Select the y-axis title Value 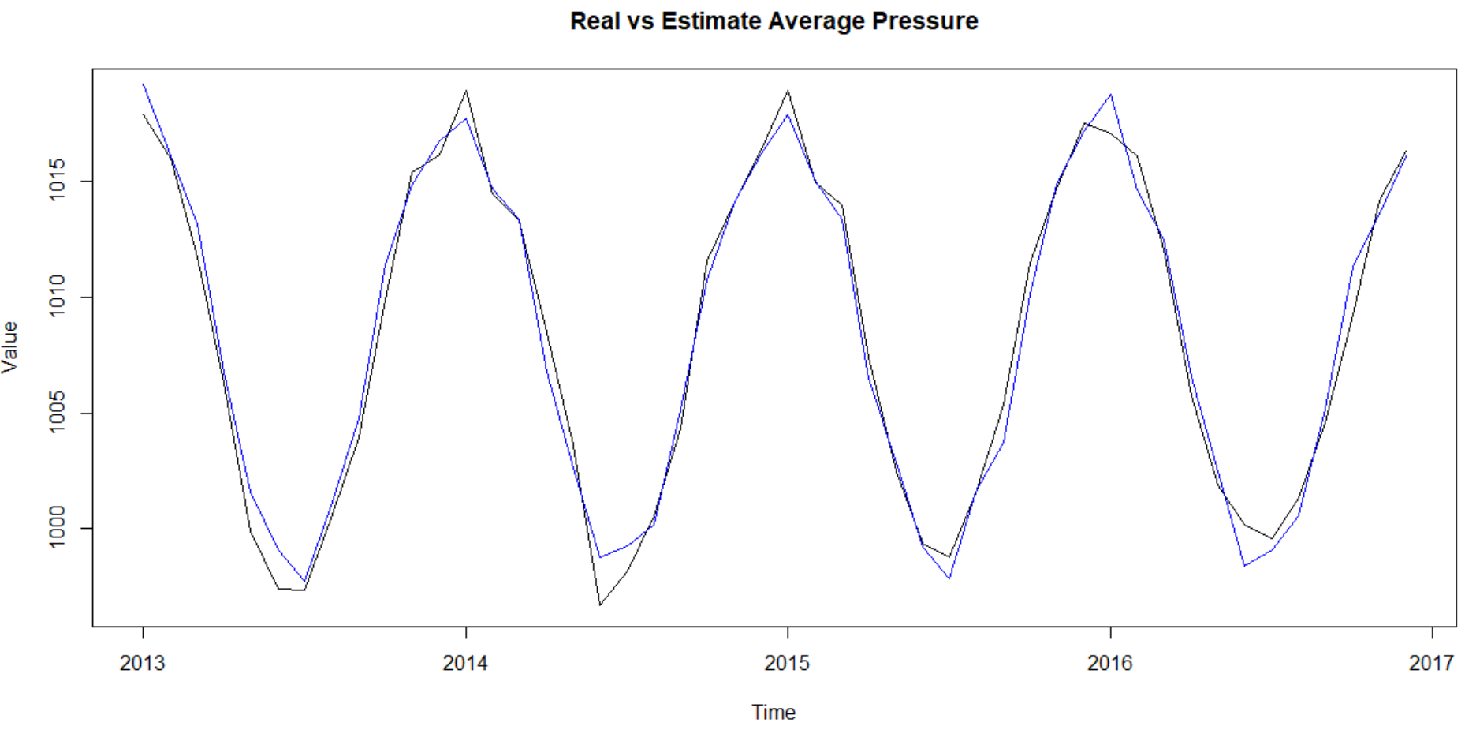click(10, 347)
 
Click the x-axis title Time click(774, 713)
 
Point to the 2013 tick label click(143, 663)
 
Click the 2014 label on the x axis click(465, 663)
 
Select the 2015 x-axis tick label click(787, 663)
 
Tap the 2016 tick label click(1109, 663)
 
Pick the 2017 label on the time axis click(1431, 663)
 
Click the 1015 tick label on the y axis click(58, 181)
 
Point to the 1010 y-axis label click(58, 297)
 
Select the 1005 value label click(58, 413)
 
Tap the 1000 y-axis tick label click(58, 528)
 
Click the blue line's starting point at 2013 click(143, 84)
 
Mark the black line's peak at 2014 click(466, 91)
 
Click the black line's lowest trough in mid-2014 click(600, 605)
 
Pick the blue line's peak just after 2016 click(1111, 95)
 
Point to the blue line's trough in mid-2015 click(949, 578)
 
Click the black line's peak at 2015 click(788, 91)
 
